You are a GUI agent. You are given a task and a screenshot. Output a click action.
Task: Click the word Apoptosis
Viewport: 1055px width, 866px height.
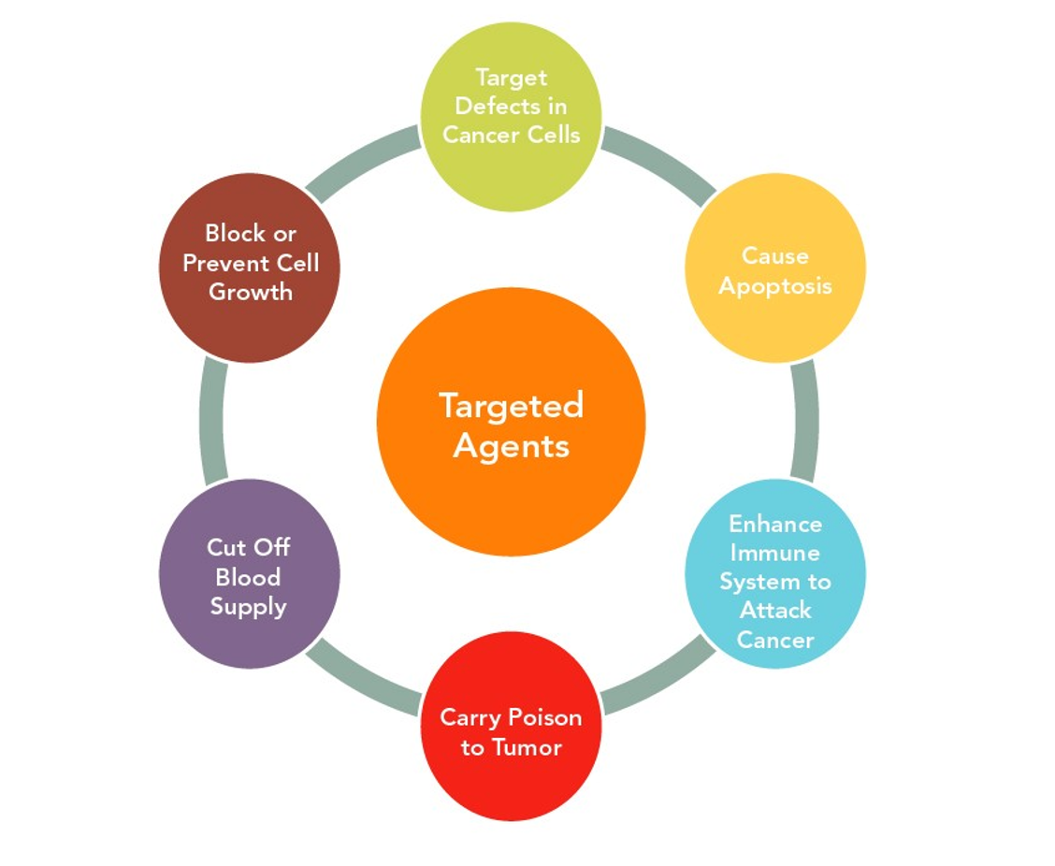pyautogui.click(x=774, y=285)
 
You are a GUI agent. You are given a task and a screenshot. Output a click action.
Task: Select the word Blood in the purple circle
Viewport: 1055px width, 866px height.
pyautogui.click(x=248, y=577)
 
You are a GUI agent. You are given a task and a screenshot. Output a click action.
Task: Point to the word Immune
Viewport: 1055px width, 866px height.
pyautogui.click(x=774, y=552)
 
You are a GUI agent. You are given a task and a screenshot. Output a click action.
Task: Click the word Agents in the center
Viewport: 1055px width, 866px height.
pyautogui.click(x=511, y=445)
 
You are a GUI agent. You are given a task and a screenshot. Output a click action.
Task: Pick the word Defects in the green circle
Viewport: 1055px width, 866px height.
pyautogui.click(x=511, y=106)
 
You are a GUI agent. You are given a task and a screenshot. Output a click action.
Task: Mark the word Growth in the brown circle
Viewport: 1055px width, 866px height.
pyautogui.click(x=250, y=292)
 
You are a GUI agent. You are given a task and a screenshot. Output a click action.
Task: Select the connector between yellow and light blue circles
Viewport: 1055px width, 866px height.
pyautogui.click(x=805, y=421)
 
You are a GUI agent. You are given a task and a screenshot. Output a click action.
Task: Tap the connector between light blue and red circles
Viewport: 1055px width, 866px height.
pyautogui.click(x=658, y=677)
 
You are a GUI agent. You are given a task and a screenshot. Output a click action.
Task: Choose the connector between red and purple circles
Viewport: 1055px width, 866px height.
pyautogui.click(x=364, y=677)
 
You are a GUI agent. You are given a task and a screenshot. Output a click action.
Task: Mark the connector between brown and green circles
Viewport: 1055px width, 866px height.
pyautogui.click(x=364, y=165)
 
